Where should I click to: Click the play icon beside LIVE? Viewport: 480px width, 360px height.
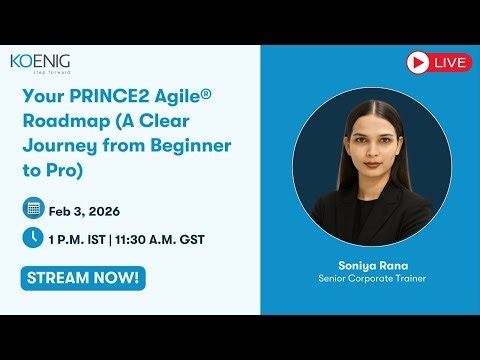pos(418,62)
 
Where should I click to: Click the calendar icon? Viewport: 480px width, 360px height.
pos(33,208)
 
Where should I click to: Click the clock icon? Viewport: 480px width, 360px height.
pos(33,238)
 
